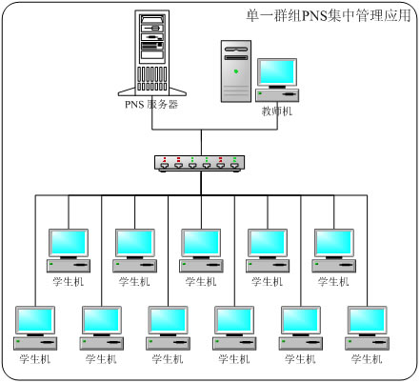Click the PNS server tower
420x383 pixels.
click(x=152, y=52)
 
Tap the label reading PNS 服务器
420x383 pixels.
click(x=151, y=104)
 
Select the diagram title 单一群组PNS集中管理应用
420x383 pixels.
click(x=329, y=15)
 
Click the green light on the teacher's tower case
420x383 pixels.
click(x=236, y=71)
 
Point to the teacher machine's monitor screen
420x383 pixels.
click(x=277, y=72)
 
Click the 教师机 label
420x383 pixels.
click(x=277, y=111)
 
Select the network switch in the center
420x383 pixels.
click(x=200, y=164)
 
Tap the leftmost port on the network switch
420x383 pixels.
click(x=165, y=165)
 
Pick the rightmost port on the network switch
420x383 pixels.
click(x=234, y=165)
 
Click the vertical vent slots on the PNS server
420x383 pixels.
click(x=152, y=78)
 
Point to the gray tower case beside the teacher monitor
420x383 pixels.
click(x=236, y=71)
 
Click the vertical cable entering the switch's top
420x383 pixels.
click(x=201, y=143)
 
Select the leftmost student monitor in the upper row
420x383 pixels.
click(x=69, y=243)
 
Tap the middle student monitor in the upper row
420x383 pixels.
click(x=201, y=243)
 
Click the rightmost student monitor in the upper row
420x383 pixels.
click(x=334, y=243)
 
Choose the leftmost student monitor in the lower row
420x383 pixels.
click(x=35, y=320)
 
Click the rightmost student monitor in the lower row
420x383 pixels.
click(x=368, y=320)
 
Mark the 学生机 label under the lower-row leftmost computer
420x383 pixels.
click(x=35, y=359)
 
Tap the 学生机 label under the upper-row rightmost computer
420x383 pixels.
click(x=333, y=282)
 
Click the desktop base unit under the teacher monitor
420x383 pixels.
click(x=277, y=95)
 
